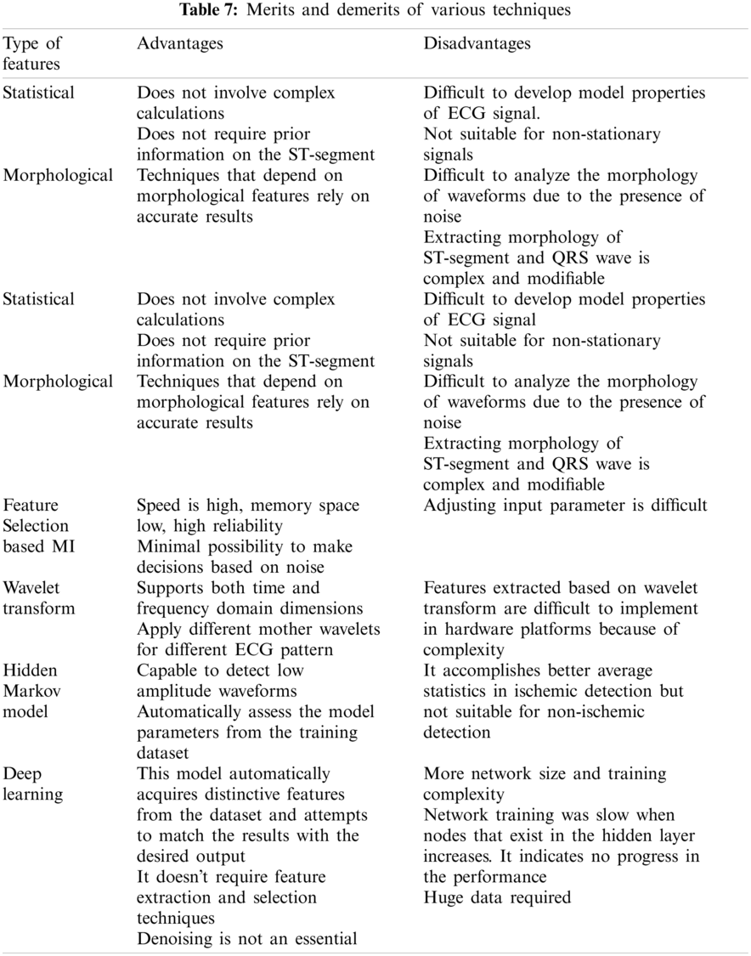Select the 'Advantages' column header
[x=180, y=43]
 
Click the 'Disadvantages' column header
[x=477, y=43]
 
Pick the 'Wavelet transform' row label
[x=38, y=597]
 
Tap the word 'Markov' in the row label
[x=32, y=690]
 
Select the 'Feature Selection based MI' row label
[x=39, y=526]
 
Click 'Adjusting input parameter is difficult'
[x=565, y=506]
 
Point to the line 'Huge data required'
[x=497, y=897]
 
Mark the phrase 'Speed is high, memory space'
[x=248, y=506]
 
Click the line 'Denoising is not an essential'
[x=246, y=938]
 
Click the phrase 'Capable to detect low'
[x=221, y=670]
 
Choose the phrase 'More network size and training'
[x=545, y=774]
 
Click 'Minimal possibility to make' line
[x=244, y=546]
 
